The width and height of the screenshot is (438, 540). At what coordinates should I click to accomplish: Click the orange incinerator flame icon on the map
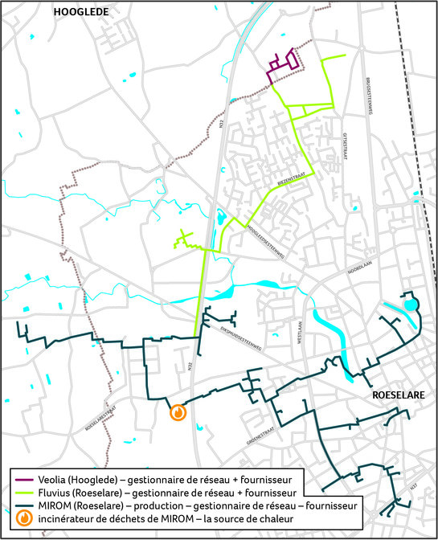pos(178,412)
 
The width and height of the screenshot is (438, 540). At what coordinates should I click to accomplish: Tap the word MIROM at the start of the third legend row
pos(51,505)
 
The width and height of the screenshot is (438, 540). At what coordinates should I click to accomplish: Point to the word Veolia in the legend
pos(51,480)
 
